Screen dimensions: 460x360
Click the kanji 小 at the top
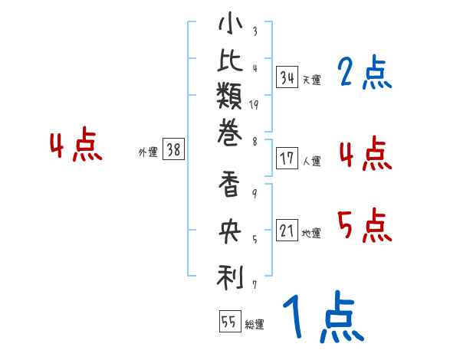tap(230, 25)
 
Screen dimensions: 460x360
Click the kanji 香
tap(230, 187)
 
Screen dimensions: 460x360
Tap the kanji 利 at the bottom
tap(230, 277)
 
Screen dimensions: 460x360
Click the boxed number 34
tap(287, 77)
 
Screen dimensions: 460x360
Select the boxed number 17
tap(287, 159)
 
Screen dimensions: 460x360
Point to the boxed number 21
tap(287, 231)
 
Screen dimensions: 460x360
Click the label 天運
tap(311, 80)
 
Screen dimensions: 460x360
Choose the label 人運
tap(311, 162)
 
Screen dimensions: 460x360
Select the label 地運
tap(311, 234)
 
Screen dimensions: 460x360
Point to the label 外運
tap(148, 152)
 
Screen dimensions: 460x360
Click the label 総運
tap(254, 324)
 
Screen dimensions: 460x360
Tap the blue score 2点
tap(363, 74)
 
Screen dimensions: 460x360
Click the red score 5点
tap(364, 226)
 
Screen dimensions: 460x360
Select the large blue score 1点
tap(323, 317)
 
